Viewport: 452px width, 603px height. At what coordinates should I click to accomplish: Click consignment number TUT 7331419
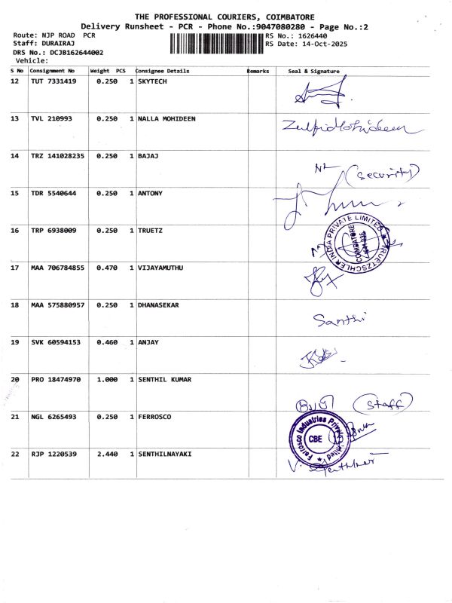[x=53, y=81]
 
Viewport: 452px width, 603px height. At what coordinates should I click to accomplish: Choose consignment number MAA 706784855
[x=58, y=268]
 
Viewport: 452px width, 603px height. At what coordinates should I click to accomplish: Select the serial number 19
[x=15, y=342]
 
